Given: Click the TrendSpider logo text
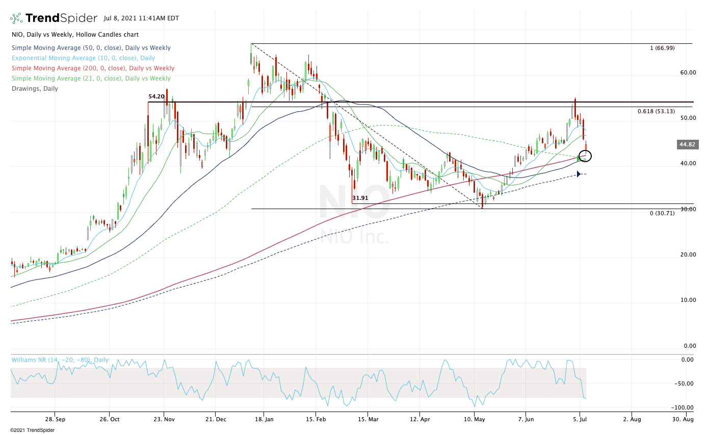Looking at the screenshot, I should [x=61, y=18].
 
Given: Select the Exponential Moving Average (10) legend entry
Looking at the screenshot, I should [x=83, y=58].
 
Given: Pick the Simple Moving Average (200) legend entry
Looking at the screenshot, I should [x=92, y=68].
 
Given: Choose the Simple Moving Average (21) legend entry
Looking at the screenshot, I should [x=91, y=79].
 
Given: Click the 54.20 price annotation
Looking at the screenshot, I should [x=156, y=96].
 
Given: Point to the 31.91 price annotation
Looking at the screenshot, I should [x=360, y=198].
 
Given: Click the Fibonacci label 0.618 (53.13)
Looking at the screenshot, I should [x=656, y=111].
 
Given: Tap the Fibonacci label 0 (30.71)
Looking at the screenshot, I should [x=662, y=213].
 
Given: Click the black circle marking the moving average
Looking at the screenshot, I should [x=585, y=156].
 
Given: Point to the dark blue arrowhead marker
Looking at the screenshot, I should [x=579, y=174].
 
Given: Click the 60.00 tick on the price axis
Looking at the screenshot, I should [x=688, y=72].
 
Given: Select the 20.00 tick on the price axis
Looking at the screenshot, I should [x=688, y=254].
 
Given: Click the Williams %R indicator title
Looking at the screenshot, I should [x=60, y=360].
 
